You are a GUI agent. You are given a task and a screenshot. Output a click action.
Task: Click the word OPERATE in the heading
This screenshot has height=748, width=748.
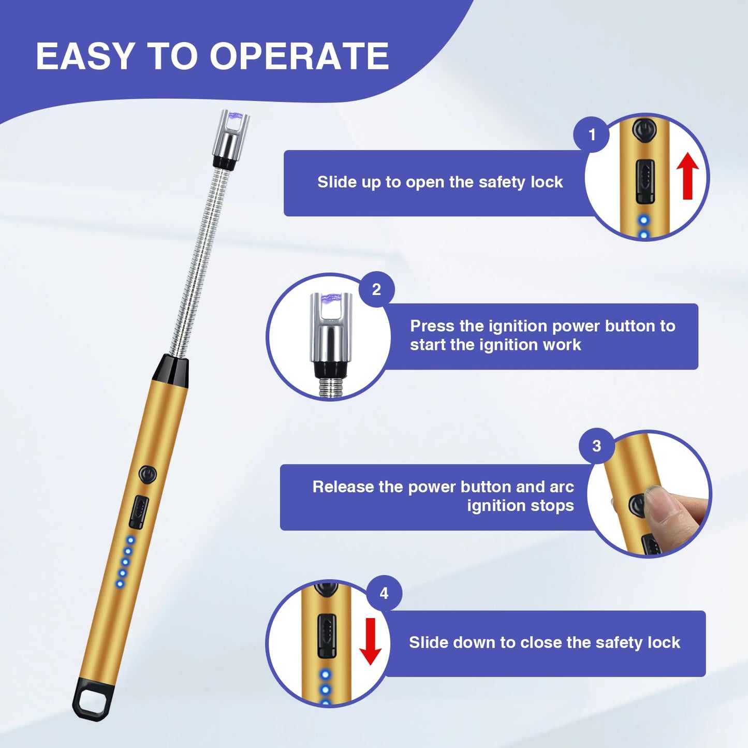tap(299, 56)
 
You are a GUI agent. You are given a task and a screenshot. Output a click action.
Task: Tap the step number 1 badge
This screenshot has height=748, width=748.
tap(592, 135)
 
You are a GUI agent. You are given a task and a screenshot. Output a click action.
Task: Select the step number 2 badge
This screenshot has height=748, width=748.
tap(376, 289)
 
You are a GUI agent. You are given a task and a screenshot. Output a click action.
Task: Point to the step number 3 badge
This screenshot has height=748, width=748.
tap(596, 446)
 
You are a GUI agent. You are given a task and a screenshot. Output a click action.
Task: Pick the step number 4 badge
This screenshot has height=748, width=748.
tap(384, 593)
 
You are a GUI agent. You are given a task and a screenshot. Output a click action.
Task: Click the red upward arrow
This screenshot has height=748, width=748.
tap(687, 175)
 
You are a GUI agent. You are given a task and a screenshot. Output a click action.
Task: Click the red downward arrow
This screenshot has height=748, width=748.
tap(370, 641)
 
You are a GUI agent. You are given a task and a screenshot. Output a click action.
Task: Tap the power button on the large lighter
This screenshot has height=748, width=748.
tap(148, 474)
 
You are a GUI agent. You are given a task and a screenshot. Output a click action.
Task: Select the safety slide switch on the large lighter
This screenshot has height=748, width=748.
tap(139, 512)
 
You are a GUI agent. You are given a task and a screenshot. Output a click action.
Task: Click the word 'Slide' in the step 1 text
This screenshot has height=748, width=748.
tap(334, 182)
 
